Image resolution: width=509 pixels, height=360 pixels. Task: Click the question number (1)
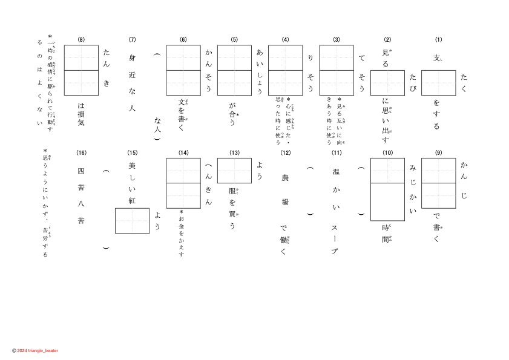[x=439, y=40]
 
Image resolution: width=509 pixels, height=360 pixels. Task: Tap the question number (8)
[x=81, y=40]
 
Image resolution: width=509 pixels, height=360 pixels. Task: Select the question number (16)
[x=81, y=152]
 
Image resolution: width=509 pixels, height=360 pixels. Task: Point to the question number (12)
[x=285, y=152]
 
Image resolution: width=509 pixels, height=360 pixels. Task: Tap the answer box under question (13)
[x=234, y=171]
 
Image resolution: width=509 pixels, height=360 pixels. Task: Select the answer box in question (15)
[x=132, y=220]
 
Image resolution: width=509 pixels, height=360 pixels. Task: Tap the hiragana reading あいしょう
[x=260, y=71]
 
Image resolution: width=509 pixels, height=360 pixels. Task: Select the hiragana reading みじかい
[x=413, y=188]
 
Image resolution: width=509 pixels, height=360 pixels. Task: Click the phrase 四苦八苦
[x=81, y=196]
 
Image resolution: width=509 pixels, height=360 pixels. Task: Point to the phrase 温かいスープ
[x=336, y=211]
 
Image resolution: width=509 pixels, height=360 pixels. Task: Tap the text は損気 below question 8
[x=81, y=114]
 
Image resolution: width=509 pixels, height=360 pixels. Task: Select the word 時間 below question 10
[x=387, y=233]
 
